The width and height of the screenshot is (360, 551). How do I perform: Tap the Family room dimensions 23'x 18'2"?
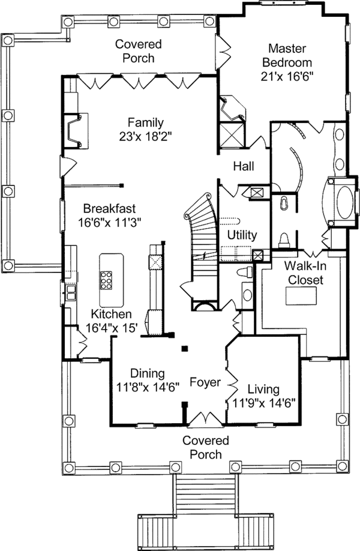(x=145, y=136)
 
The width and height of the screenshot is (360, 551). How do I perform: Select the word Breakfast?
(x=109, y=209)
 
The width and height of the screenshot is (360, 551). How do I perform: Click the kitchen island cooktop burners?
(x=108, y=281)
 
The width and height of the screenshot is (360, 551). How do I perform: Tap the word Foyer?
(x=205, y=382)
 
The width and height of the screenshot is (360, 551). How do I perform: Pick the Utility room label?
(x=242, y=235)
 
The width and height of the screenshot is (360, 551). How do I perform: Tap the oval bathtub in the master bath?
(x=339, y=202)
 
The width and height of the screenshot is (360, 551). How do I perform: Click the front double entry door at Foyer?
(x=205, y=418)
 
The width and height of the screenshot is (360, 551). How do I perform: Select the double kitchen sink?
(x=71, y=293)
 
